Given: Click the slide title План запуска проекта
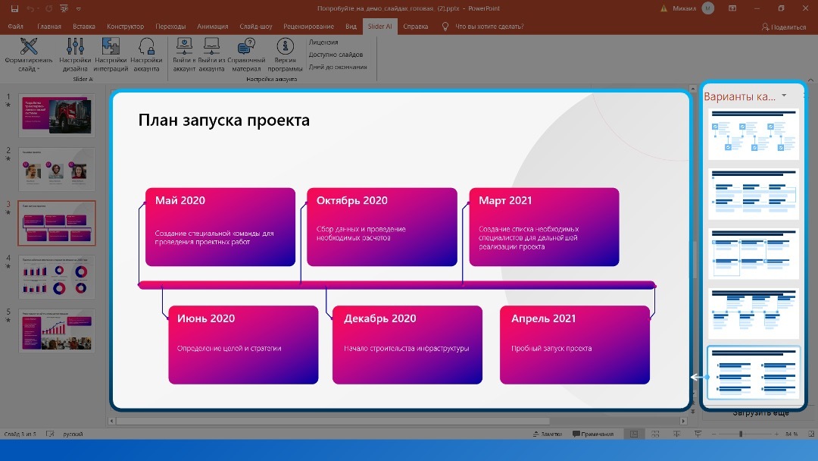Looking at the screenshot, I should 223,121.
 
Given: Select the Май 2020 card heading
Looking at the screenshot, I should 180,201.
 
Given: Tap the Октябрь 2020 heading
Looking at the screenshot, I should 351,201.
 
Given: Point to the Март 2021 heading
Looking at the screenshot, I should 505,201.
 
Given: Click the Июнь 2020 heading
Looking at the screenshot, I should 206,318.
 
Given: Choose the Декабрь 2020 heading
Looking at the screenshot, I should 381,318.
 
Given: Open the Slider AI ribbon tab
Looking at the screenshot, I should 379,27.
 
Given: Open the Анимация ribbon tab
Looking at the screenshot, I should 212,27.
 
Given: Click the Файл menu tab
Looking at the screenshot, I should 15,27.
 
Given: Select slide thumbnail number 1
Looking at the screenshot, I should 57,115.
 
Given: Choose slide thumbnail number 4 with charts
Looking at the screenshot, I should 57,276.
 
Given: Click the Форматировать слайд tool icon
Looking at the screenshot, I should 29,47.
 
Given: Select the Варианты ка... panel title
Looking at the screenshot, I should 739,96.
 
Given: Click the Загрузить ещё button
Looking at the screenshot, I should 760,412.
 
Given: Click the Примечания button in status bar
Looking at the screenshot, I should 593,434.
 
